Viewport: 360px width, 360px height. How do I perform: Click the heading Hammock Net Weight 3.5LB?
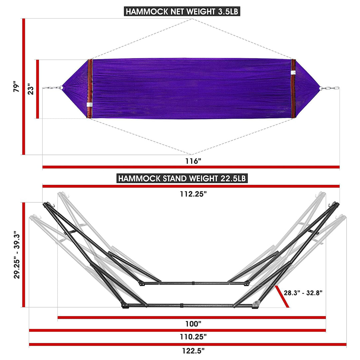182,11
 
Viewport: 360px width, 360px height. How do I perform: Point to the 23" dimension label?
30,89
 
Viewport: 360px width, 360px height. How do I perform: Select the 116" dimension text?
193,161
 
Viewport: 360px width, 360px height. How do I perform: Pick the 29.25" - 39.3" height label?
17,255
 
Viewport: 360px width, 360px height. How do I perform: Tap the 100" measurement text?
193,324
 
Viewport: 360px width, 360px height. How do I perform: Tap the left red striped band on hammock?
89,89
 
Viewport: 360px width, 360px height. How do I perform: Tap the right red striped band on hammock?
293,89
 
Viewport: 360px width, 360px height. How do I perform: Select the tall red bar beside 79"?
24,87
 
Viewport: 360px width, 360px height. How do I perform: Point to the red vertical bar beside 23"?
38,89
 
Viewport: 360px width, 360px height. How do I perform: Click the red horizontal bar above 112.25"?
191,186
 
